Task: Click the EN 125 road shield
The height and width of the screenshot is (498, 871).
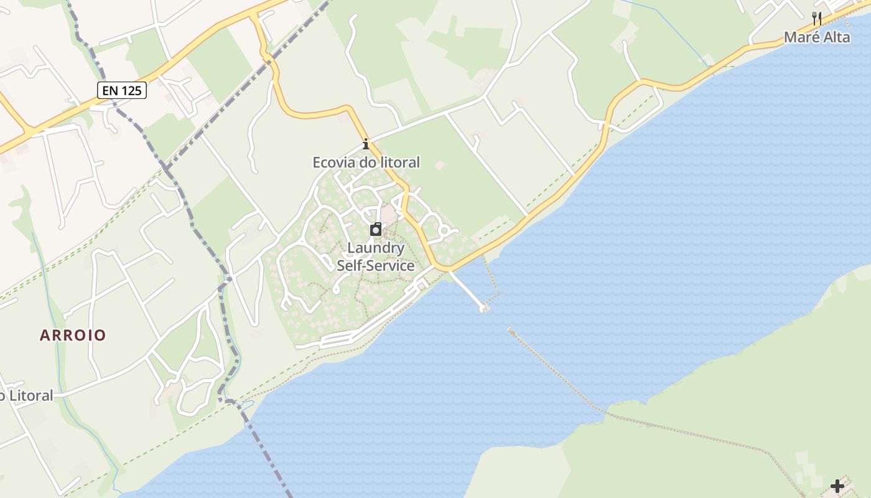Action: click(x=121, y=90)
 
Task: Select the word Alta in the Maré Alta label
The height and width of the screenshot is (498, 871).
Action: click(x=836, y=37)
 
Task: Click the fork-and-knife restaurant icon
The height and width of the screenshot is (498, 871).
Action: click(x=817, y=19)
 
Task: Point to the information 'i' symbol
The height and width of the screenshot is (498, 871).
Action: click(x=366, y=145)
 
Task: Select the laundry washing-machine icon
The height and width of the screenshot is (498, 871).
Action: click(x=376, y=230)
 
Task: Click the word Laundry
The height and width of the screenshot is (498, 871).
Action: click(x=376, y=248)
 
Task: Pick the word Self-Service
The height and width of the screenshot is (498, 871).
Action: click(x=376, y=266)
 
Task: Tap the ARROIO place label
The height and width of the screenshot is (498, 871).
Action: click(x=73, y=335)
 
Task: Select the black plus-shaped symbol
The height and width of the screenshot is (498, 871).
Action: click(x=837, y=486)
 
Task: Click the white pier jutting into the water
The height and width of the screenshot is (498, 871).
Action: click(x=467, y=290)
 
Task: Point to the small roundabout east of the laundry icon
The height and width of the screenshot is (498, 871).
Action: click(x=444, y=232)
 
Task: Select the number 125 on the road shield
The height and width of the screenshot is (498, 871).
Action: click(x=131, y=90)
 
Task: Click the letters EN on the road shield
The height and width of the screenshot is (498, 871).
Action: click(x=110, y=90)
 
